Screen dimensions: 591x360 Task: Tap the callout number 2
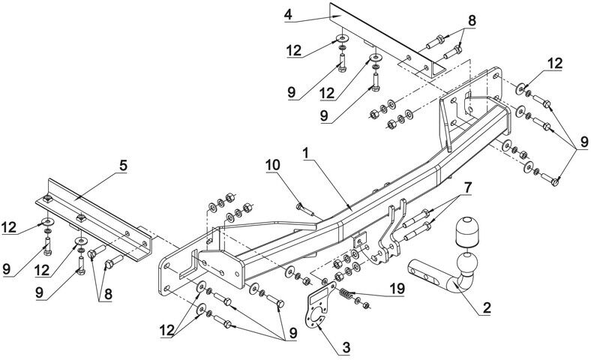[487, 307]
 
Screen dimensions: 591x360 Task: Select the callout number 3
[346, 347]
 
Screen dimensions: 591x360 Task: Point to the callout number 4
[288, 15]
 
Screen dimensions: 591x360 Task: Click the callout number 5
[123, 165]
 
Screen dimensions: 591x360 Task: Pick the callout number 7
[467, 187]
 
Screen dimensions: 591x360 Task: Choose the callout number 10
[273, 165]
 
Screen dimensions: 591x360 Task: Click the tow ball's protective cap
[466, 231]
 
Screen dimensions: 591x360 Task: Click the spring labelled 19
[346, 292]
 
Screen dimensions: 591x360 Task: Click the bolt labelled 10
[305, 209]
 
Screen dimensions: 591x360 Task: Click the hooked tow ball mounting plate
[391, 235]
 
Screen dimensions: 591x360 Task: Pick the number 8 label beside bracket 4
[472, 21]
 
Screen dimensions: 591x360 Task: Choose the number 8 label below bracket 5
[108, 295]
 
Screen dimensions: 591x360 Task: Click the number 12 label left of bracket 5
[9, 227]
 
